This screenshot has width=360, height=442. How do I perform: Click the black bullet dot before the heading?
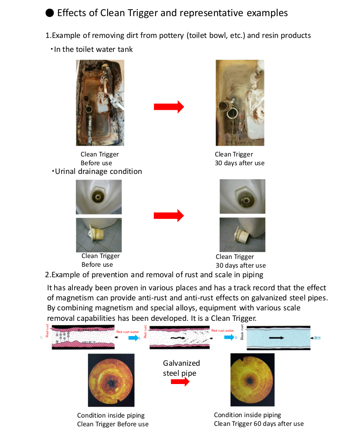coord(50,13)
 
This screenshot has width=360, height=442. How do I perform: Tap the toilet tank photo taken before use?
coord(100,103)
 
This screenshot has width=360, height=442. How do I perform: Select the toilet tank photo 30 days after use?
coord(240,103)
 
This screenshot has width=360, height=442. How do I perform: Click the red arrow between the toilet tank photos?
coord(169,107)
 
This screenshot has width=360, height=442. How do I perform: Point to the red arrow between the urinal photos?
coord(169,215)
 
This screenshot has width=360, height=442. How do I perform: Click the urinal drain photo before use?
coord(98,197)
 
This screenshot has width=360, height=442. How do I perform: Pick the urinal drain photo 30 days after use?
coord(242,197)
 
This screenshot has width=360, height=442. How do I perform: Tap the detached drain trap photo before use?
coord(98,235)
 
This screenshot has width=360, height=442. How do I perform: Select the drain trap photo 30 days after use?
coord(242,235)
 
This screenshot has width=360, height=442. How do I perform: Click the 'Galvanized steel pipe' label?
coord(181,368)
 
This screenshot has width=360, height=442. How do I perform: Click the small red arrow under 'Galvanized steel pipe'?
coord(180,382)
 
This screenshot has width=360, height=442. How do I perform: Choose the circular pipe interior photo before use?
coord(111,380)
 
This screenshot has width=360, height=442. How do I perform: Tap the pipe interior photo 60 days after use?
coord(252,380)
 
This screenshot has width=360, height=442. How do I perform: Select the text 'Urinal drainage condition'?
coord(98,171)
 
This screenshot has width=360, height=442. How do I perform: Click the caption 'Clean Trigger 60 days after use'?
coord(258,423)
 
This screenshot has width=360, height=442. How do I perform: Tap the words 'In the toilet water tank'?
coord(93,49)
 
